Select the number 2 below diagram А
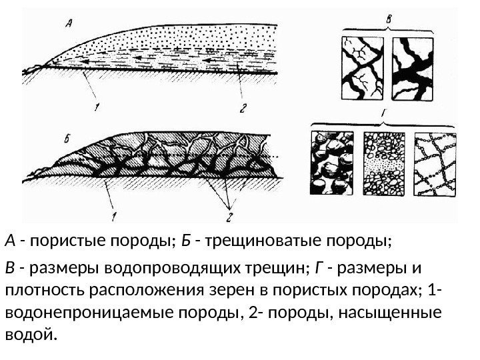point(243,107)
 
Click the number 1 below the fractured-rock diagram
point(114,215)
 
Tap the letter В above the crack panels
point(389,19)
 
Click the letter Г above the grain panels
point(385,120)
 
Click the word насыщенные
point(389,313)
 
